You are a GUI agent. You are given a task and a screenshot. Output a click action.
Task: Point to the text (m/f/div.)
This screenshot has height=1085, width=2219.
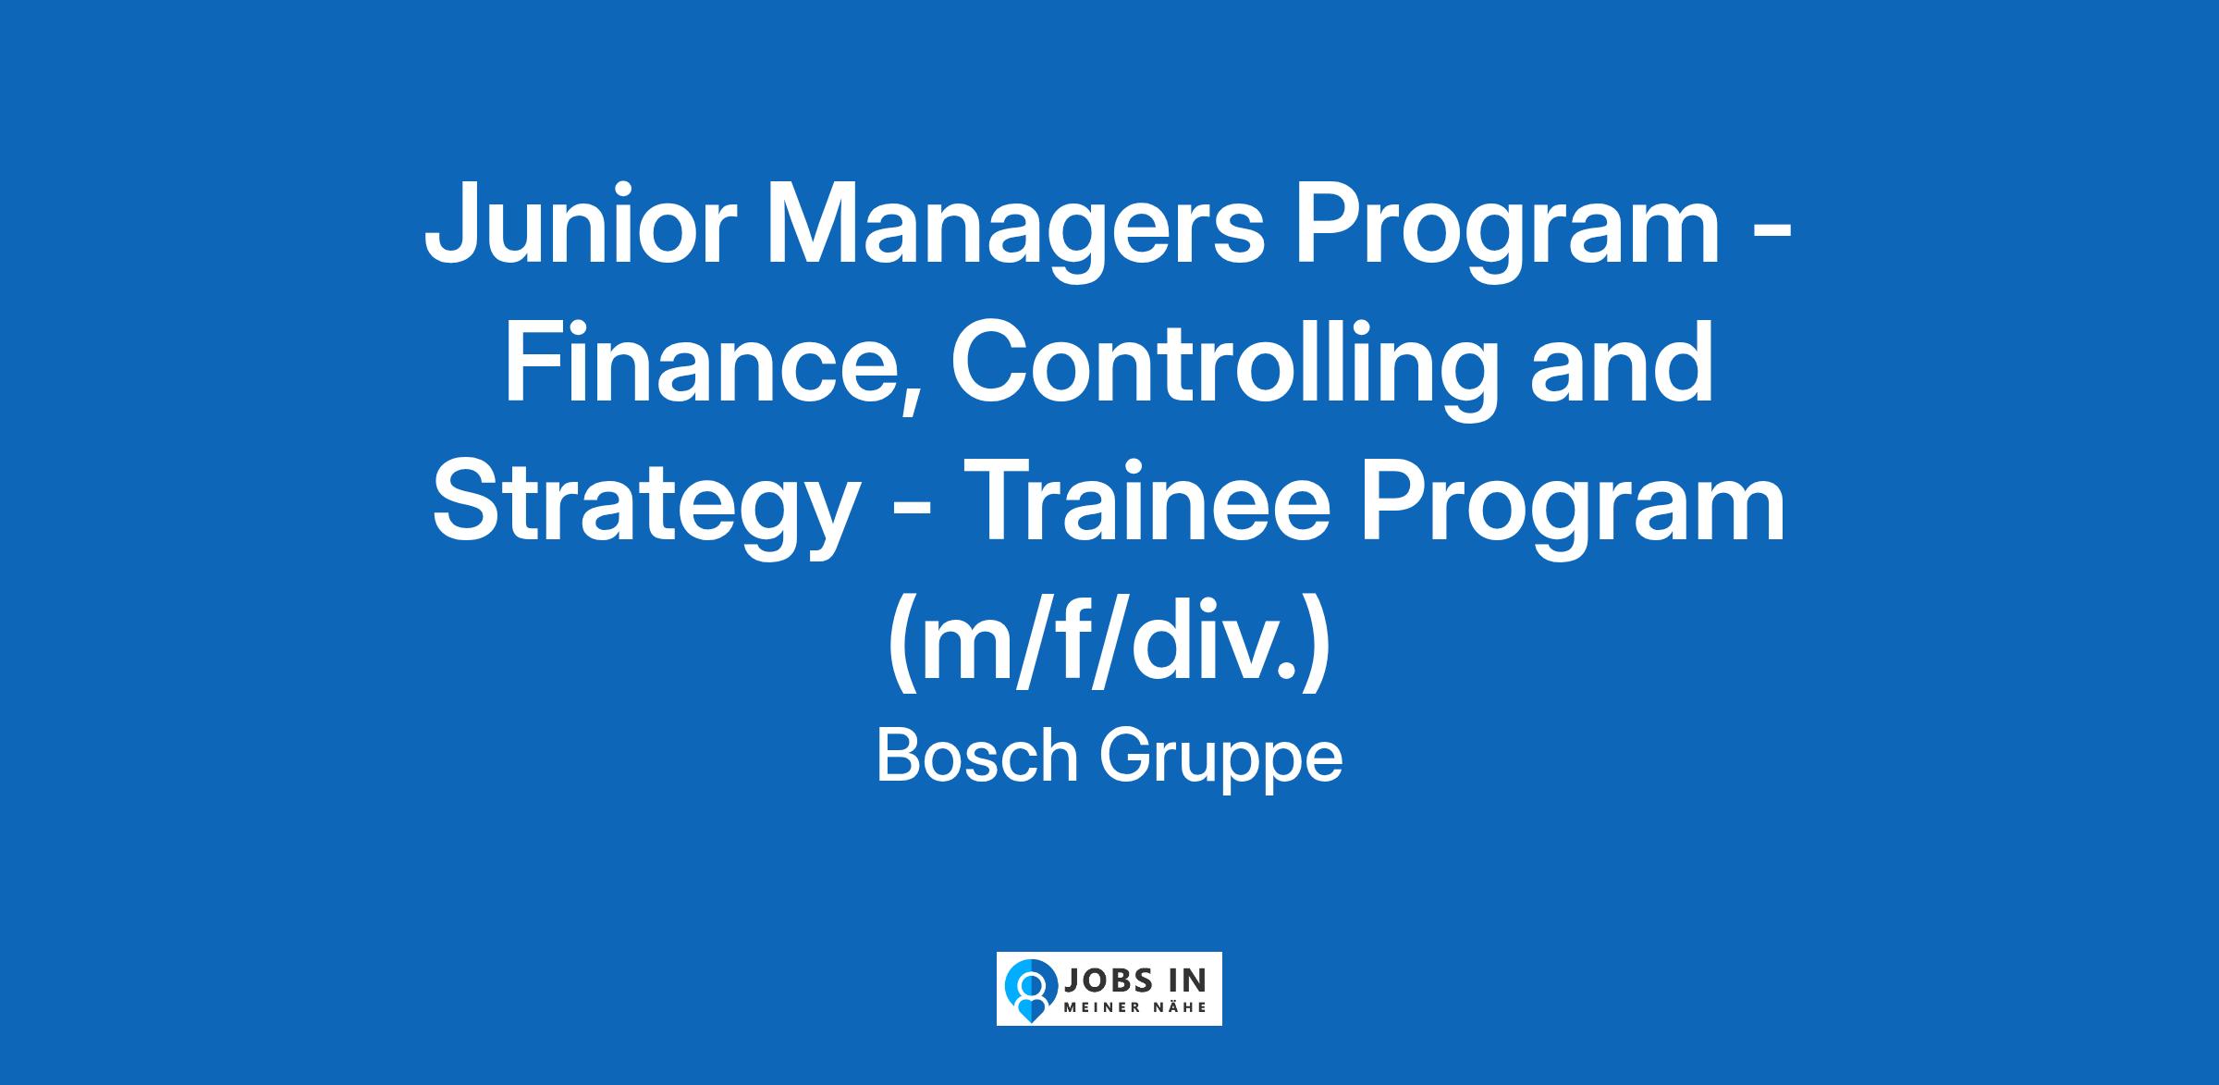click(x=1109, y=647)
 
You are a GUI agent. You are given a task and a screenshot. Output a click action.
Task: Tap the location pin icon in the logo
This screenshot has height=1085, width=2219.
click(x=1028, y=988)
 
